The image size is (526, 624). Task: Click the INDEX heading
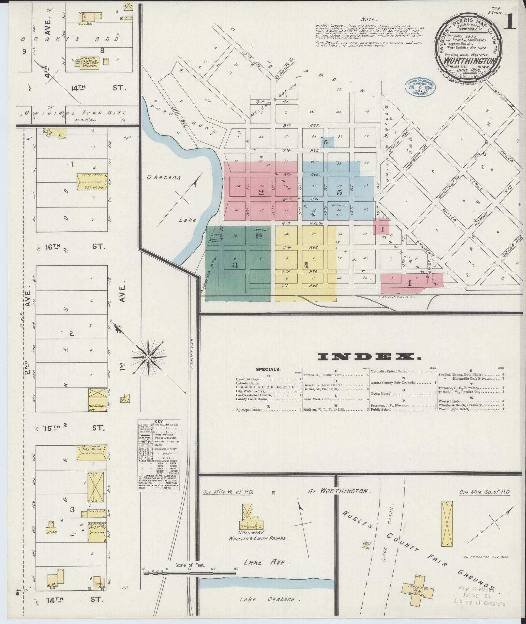369,357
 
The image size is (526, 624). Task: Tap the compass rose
148,358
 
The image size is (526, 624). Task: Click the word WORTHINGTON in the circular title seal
469,61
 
